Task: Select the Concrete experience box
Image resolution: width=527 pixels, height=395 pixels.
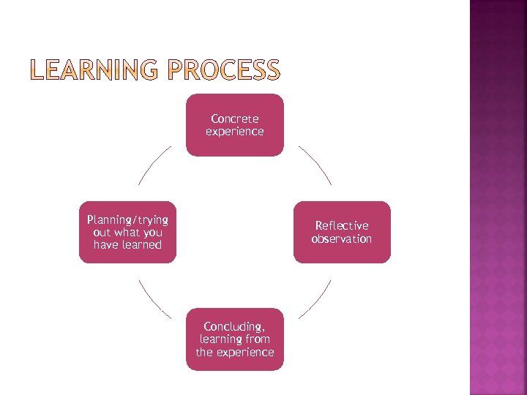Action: pos(234,125)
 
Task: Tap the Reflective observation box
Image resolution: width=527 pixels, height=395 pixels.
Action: pos(342,233)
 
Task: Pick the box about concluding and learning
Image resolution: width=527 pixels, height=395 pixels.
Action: pos(234,339)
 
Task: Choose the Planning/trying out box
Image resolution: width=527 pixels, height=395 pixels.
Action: pos(127,233)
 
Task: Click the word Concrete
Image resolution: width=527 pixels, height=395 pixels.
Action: pos(234,118)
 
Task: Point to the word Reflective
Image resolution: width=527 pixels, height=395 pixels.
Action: pos(342,226)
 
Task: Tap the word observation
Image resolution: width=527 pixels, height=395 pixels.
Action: pos(342,239)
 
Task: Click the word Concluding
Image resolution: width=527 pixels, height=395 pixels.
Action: pos(234,326)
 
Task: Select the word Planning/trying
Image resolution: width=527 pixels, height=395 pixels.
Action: pos(127,220)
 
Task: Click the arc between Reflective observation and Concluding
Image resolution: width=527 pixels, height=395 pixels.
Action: pos(317,300)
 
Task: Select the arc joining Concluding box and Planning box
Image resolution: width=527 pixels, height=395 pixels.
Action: pos(153,301)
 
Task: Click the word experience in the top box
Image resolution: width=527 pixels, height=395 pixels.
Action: pos(234,132)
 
